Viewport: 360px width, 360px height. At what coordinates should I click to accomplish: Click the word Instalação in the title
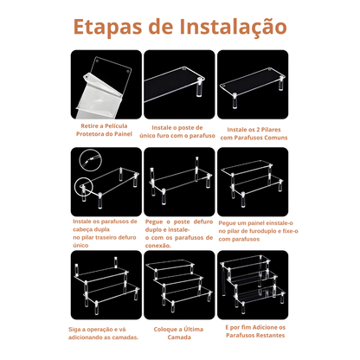pyautogui.click(x=233, y=27)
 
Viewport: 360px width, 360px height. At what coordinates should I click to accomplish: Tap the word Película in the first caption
pyautogui.click(x=116, y=126)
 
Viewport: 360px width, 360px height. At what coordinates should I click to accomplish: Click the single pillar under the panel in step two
pyautogui.click(x=199, y=87)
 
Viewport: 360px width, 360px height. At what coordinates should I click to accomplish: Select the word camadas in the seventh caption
pyautogui.click(x=125, y=337)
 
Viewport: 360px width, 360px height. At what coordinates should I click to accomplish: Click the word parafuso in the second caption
pyautogui.click(x=202, y=136)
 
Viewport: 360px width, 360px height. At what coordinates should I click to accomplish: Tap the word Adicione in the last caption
pyautogui.click(x=265, y=328)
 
